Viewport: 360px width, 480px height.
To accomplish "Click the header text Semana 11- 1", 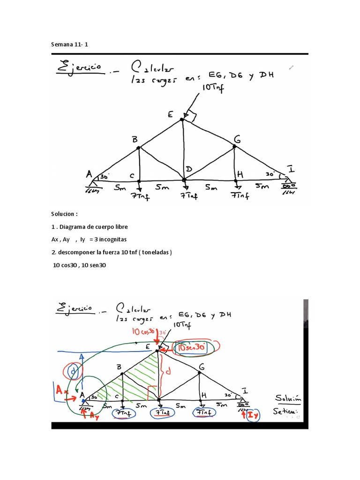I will (69, 45).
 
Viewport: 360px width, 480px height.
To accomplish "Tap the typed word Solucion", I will (63, 214).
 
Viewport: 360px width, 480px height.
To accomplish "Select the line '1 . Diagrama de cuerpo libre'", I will (90, 227).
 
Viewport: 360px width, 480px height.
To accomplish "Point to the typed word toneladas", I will (157, 252).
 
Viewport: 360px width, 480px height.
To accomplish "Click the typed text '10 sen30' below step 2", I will (93, 265).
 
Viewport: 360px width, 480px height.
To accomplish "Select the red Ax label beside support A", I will (61, 389).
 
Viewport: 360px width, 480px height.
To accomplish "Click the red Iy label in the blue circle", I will (252, 415).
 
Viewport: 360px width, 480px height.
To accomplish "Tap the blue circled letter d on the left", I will (73, 372).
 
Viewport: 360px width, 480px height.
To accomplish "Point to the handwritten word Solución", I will (288, 398).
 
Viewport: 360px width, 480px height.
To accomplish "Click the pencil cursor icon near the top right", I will (292, 67).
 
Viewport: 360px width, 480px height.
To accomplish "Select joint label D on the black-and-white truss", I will (188, 168).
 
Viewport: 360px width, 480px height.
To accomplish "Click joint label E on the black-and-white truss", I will (170, 114).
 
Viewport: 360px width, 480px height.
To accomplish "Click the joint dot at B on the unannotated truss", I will (138, 148).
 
